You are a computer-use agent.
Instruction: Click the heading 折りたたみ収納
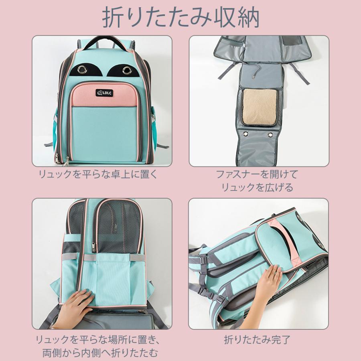pos(180,18)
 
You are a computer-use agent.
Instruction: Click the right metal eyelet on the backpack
pos(128,71)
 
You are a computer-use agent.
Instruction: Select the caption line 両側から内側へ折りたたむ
pos(100,353)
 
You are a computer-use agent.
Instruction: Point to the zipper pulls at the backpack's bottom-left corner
pos(65,161)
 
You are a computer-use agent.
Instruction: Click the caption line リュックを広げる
pos(258,187)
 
